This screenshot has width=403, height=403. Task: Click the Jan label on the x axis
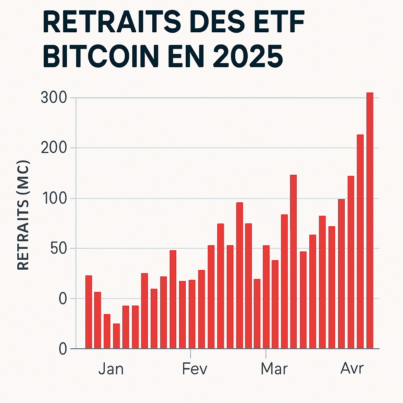pyautogui.click(x=111, y=369)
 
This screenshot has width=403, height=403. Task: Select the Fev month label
pyautogui.click(x=195, y=369)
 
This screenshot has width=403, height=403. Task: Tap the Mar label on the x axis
pyautogui.click(x=274, y=369)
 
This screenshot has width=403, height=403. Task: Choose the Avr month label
pyautogui.click(x=352, y=369)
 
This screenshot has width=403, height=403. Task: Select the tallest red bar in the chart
pyautogui.click(x=370, y=220)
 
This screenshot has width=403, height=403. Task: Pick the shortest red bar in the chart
pyautogui.click(x=116, y=336)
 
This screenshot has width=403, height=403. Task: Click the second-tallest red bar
pyautogui.click(x=360, y=241)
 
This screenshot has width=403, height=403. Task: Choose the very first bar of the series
pyautogui.click(x=89, y=312)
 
